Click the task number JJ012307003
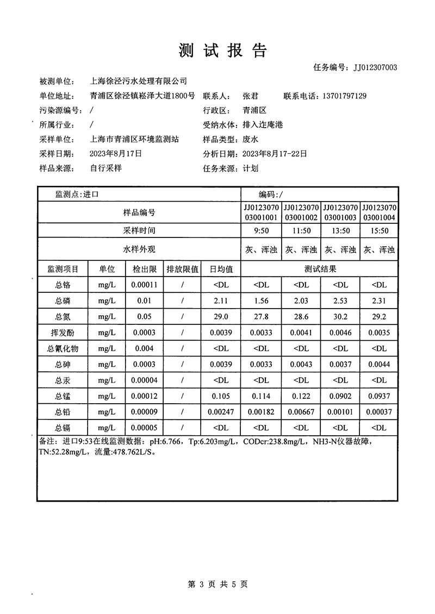point(375,67)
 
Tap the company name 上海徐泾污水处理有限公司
point(138,82)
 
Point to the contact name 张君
point(250,96)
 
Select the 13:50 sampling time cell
point(340,230)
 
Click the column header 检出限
point(144,269)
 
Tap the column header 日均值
point(221,269)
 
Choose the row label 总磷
point(63,300)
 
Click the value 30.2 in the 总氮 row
point(340,316)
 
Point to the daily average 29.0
point(221,316)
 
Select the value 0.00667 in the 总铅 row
point(301,412)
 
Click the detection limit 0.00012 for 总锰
point(144,396)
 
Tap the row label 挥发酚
point(63,333)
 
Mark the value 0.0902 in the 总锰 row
point(340,396)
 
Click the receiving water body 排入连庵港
point(263,125)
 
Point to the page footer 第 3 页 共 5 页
point(217,585)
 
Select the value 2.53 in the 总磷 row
point(340,300)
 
